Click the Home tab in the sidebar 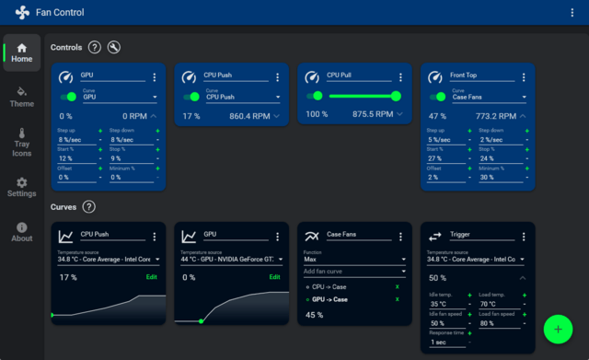21,53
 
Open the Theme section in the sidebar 21,96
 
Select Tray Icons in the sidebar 21,143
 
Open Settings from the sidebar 21,187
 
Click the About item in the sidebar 21,231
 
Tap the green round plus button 558,329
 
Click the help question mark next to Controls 95,47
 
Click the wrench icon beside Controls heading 114,47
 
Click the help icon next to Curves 89,207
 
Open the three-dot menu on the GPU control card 155,77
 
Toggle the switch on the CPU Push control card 191,96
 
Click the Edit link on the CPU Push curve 152,276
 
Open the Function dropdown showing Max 353,260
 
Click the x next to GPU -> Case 398,300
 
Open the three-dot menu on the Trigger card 524,236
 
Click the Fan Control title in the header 61,13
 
